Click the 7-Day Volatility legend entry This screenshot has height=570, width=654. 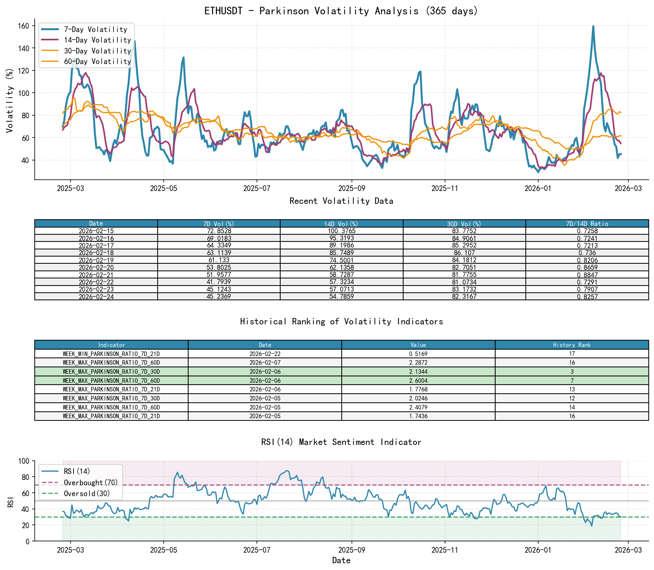95,29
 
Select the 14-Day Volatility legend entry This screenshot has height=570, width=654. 97,40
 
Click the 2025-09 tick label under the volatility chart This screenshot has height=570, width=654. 352,188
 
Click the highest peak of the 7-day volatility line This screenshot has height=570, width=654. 593,26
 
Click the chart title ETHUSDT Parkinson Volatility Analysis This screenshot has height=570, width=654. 341,11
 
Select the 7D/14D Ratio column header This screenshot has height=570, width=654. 587,224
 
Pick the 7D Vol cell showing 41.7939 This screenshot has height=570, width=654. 219,282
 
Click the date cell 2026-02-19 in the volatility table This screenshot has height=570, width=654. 96,260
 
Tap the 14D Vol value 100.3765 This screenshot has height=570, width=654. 341,231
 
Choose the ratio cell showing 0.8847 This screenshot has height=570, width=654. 587,275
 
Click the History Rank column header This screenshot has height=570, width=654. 572,345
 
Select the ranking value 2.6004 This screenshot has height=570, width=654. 418,381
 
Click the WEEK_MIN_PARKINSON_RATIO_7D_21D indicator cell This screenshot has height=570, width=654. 111,354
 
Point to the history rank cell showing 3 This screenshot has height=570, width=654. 572,372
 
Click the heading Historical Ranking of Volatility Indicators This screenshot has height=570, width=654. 341,321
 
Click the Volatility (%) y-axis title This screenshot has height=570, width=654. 10,100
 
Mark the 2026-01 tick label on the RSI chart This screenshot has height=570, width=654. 538,550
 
